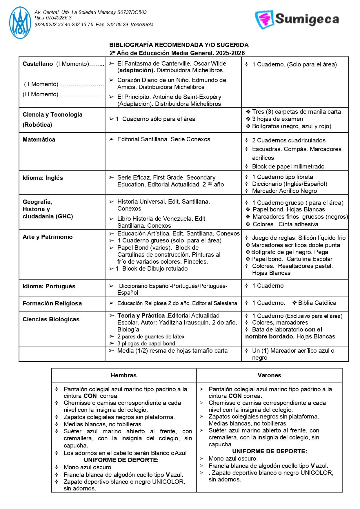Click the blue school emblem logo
pos(20,23)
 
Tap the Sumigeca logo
pos(297,19)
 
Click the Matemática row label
pos(39,140)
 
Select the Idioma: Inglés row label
pos(43,178)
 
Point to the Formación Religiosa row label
pos(52,303)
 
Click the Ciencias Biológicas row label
pos(51,319)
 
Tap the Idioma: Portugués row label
pos(49,286)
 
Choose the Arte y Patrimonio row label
pos(48,237)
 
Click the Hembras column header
pos(123,375)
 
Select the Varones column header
pos(269,375)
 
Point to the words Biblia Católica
pos(317,303)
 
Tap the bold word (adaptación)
pos(136,70)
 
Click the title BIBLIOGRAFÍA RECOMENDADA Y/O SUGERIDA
pos(179,45)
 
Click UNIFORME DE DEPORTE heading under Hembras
pos(121,460)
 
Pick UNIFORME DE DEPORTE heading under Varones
pos(270,451)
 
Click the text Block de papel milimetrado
pos(288,166)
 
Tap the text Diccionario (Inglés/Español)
pos(290,184)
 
